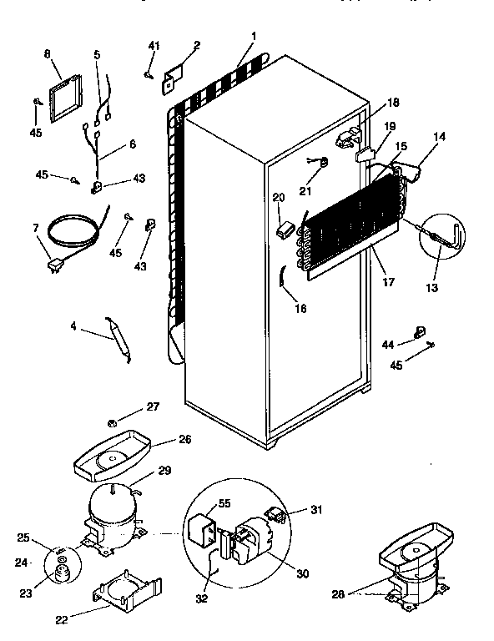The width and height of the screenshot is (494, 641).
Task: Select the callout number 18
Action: click(x=391, y=102)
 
